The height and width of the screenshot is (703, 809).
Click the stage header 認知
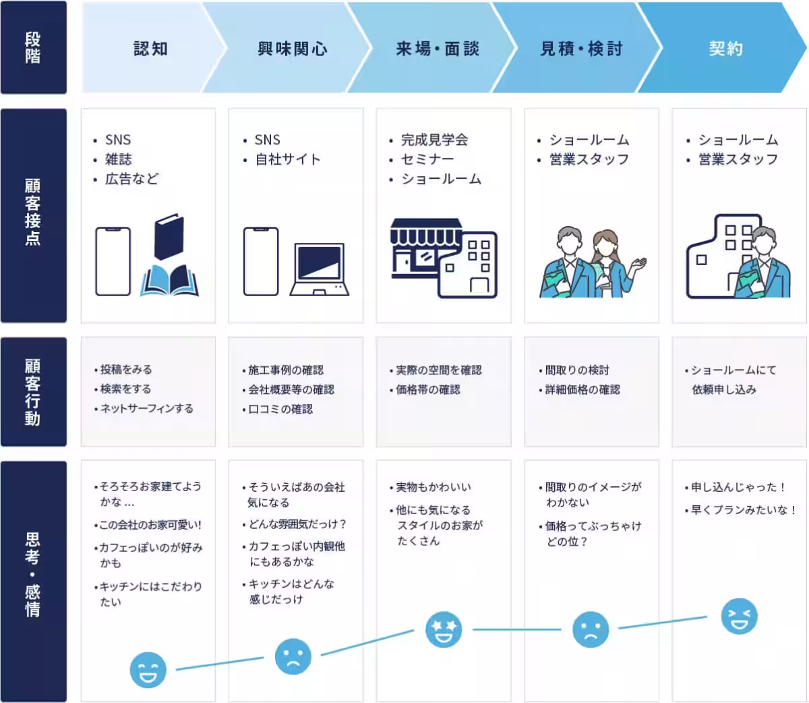(150, 49)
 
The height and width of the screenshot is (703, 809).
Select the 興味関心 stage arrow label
(293, 49)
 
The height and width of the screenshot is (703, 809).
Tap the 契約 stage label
(725, 49)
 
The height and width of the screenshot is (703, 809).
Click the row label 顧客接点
(33, 212)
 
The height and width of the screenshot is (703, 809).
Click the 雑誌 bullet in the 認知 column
(118, 159)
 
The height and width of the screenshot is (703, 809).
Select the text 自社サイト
(287, 159)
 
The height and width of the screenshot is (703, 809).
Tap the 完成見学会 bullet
(434, 140)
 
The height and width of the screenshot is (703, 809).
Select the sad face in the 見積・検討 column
(591, 629)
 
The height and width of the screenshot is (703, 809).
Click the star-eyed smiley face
(444, 629)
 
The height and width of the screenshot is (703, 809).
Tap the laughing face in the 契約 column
(739, 616)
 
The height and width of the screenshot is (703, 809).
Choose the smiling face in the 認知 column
(148, 669)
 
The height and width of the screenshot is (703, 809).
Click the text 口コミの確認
(280, 409)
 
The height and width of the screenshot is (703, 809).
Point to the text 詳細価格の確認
(582, 389)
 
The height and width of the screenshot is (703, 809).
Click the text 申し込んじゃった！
(738, 486)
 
